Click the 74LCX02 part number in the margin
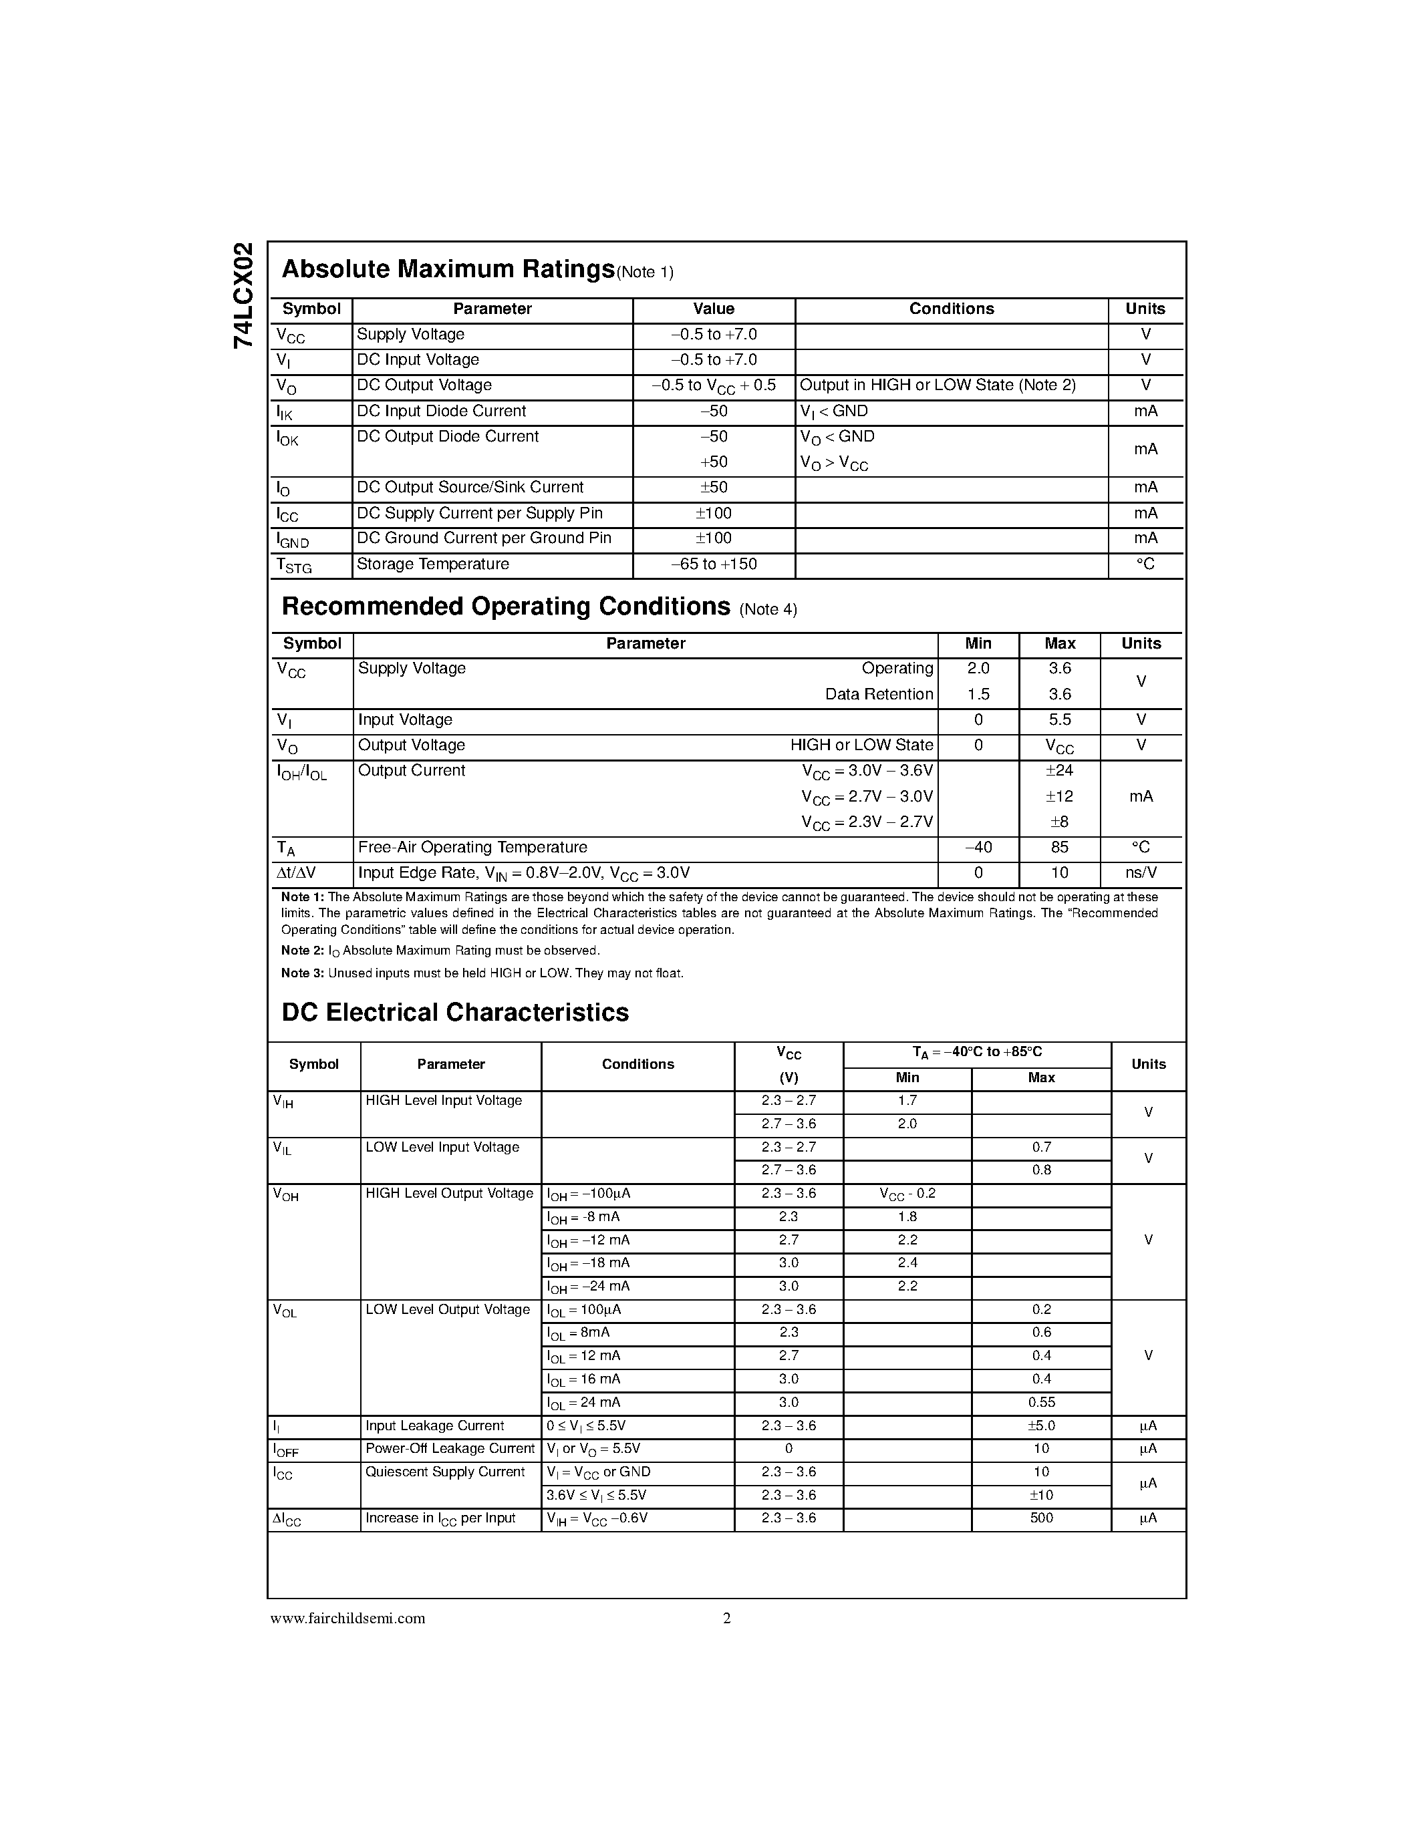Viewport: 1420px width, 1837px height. [243, 295]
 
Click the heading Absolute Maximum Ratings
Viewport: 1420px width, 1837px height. [448, 269]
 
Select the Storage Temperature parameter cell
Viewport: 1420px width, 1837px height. [432, 564]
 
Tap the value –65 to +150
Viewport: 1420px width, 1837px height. [714, 564]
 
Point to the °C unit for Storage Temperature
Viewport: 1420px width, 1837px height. [1145, 564]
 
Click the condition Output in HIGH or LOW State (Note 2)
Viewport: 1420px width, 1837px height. [937, 385]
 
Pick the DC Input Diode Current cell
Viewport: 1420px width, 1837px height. [441, 411]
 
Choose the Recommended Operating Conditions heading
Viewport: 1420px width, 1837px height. [506, 607]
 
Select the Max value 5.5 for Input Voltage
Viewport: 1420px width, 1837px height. [1059, 720]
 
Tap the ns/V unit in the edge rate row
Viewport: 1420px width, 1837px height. [1141, 873]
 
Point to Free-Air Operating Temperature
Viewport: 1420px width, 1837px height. [472, 848]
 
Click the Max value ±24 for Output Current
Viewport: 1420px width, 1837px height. [1059, 770]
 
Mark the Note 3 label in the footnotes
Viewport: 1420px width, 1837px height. [302, 973]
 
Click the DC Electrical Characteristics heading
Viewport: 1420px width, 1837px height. [455, 1013]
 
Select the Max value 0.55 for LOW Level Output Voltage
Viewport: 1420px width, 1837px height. [1040, 1402]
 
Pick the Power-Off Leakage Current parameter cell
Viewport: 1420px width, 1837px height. [449, 1448]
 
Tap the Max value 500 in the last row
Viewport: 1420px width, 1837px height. [1040, 1518]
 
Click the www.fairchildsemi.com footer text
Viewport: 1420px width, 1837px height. [347, 1619]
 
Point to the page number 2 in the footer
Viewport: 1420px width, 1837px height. [727, 1619]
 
